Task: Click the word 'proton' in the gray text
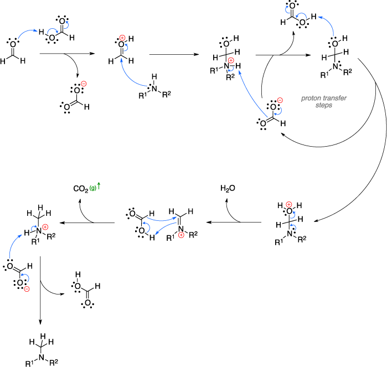(x=311, y=99)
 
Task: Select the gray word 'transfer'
(x=335, y=99)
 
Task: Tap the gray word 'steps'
(x=324, y=105)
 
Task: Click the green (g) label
(x=93, y=188)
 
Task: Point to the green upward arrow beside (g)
(x=99, y=185)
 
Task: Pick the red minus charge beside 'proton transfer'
(x=280, y=100)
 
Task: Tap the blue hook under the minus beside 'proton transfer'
(x=278, y=111)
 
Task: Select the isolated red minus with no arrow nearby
(x=84, y=84)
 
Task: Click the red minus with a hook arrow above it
(x=27, y=289)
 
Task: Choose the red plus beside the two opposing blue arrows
(x=181, y=235)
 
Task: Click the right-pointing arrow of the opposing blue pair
(x=161, y=219)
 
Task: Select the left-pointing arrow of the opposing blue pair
(x=166, y=228)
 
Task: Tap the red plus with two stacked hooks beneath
(x=288, y=205)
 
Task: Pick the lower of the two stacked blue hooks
(x=293, y=226)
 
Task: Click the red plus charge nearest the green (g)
(x=45, y=227)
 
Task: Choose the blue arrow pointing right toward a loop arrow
(x=27, y=33)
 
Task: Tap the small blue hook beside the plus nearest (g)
(x=34, y=227)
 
